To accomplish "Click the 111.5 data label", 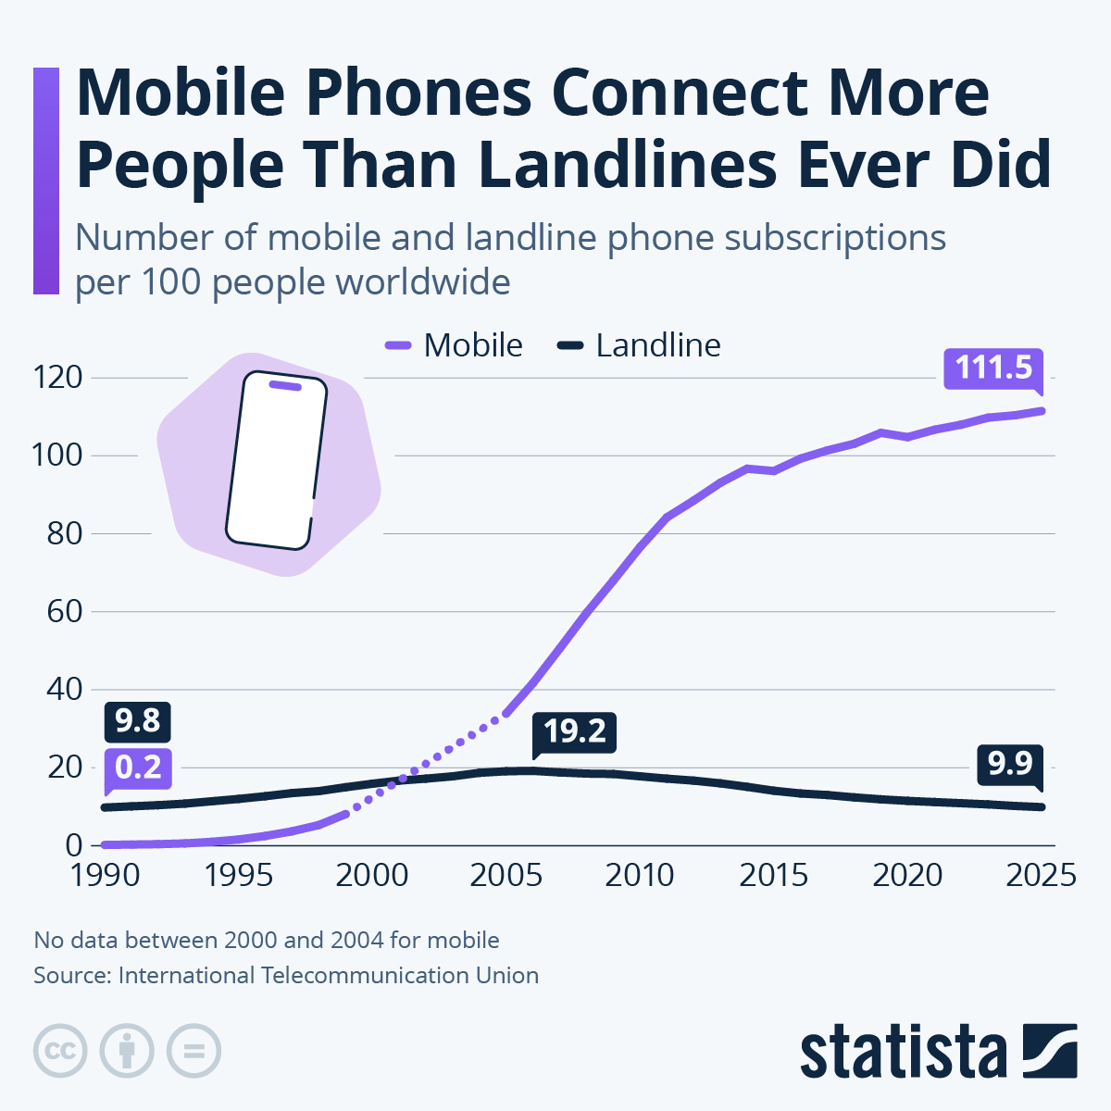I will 992,368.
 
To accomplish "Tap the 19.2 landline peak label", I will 574,732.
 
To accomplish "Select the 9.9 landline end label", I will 1009,764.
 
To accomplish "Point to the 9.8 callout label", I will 138,721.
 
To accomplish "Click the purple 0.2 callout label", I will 138,768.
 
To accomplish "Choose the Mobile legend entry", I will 455,345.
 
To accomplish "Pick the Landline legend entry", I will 640,345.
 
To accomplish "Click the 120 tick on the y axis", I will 57,378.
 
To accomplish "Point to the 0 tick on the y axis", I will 74,845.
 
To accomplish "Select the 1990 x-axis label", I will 105,875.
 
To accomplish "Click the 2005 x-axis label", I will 506,875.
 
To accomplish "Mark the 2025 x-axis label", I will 1041,875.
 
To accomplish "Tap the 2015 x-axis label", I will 774,875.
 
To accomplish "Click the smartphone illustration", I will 276,461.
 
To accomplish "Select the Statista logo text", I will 904,1053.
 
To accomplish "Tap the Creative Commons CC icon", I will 60,1051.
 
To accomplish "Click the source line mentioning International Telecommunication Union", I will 286,976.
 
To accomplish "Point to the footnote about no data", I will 267,941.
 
